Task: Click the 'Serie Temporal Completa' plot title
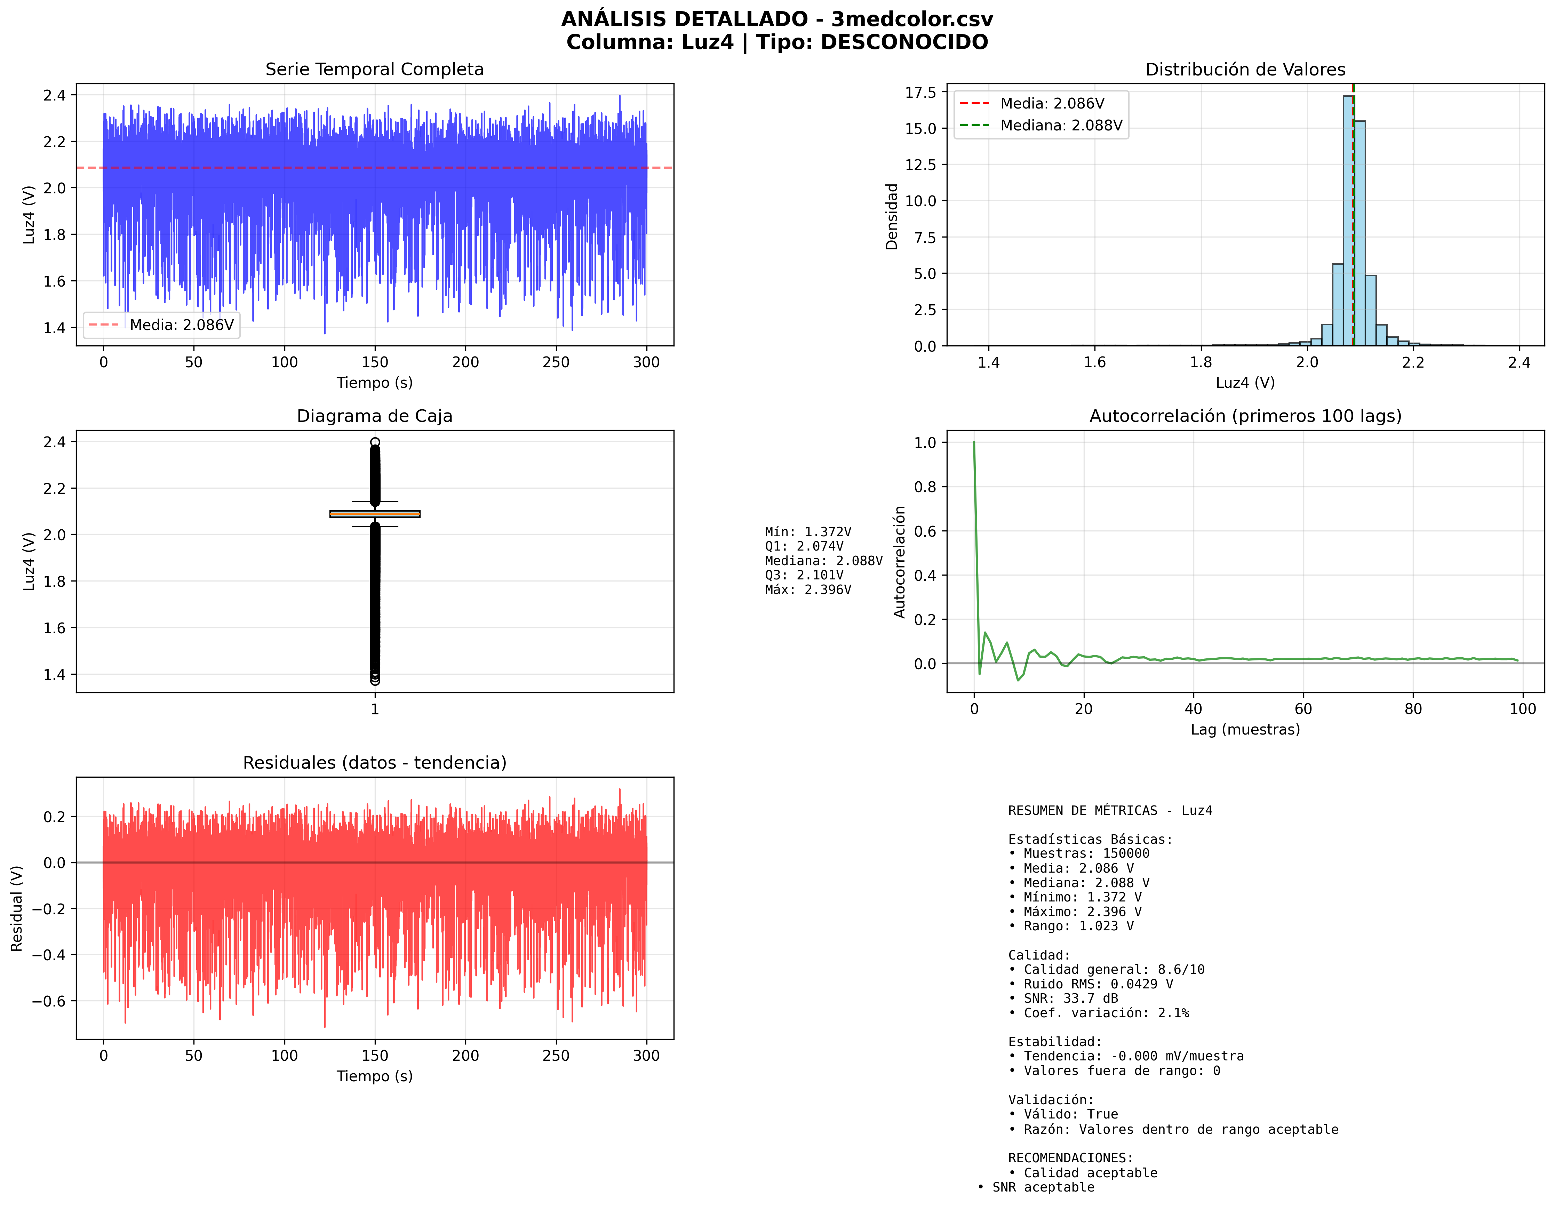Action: [x=374, y=69]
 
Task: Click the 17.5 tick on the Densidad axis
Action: [x=920, y=92]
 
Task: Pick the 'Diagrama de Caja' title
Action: [x=374, y=416]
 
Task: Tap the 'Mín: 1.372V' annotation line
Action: [x=807, y=532]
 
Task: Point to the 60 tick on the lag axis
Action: [x=1303, y=709]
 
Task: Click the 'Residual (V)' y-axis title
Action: [x=17, y=908]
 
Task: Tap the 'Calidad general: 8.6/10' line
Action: [x=1113, y=969]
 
